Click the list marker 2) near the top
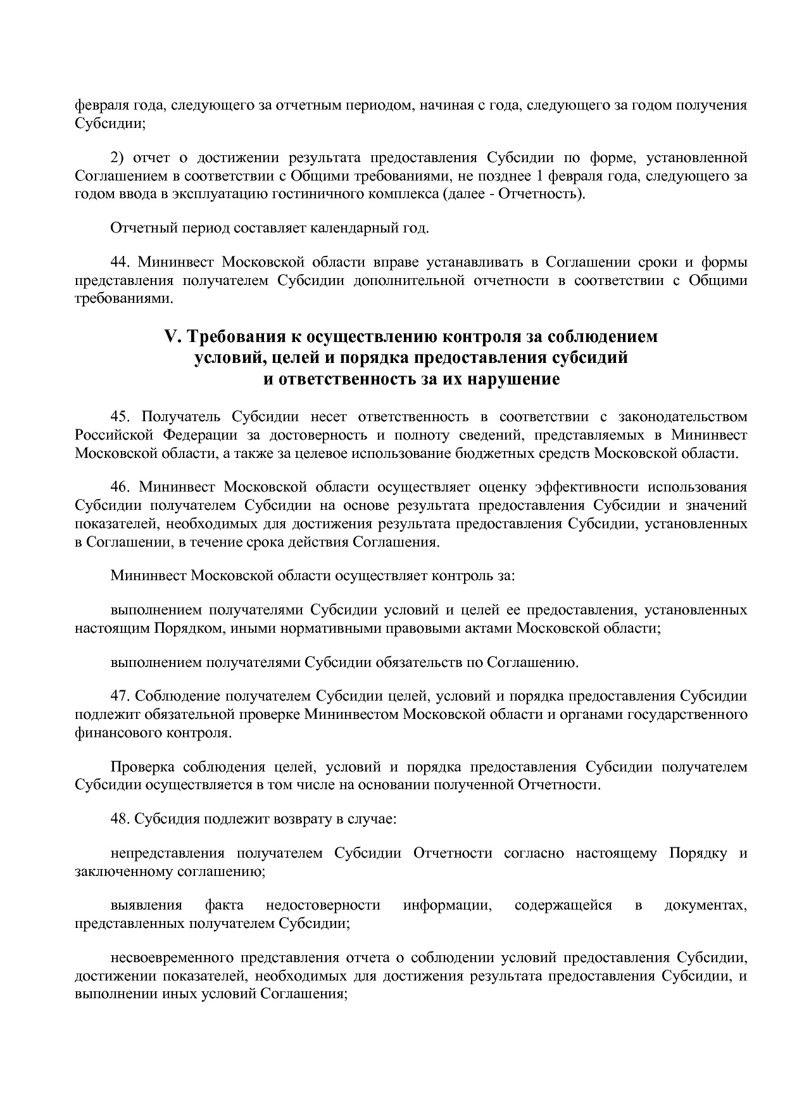pos(118,157)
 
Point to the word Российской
pos(105,435)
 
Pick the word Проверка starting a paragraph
pos(142,767)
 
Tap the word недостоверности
pos(322,905)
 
